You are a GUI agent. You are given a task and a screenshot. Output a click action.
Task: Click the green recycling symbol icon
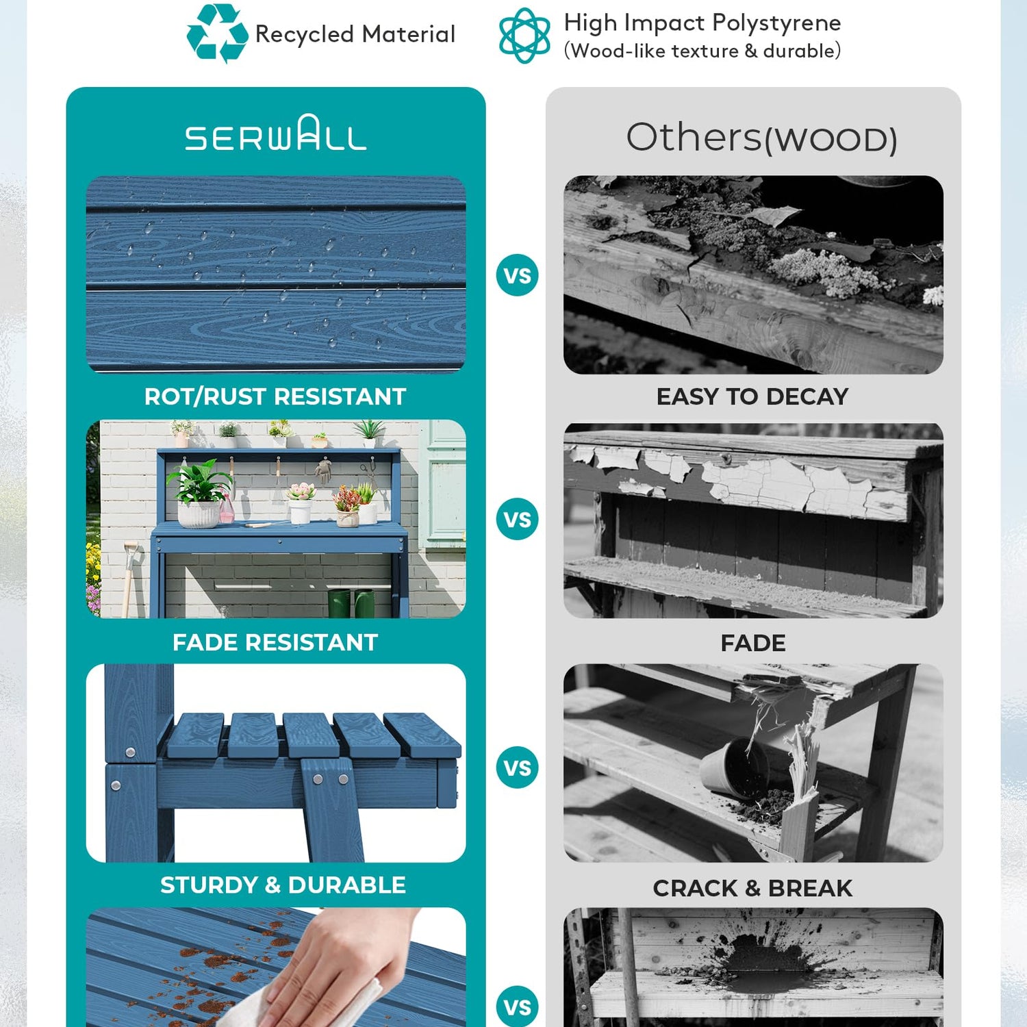217,34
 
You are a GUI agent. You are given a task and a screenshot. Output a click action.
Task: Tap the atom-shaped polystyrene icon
524,35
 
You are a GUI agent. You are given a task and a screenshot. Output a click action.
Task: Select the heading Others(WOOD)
761,138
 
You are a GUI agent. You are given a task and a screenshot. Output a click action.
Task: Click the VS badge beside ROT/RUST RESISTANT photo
517,275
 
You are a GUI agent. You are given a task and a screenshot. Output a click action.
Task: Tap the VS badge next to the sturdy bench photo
517,768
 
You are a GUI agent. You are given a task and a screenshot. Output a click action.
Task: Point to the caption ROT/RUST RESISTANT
275,396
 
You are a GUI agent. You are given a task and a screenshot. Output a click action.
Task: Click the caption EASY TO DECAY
752,396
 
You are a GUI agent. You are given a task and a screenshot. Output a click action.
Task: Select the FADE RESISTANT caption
275,642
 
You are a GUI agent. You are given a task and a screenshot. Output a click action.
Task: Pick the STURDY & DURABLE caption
283,885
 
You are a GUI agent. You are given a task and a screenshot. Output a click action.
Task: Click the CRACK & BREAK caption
752,888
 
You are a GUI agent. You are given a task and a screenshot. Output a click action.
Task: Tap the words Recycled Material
355,34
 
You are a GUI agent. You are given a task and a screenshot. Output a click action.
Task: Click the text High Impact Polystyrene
702,23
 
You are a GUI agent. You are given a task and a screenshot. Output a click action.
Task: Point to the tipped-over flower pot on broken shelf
734,766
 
